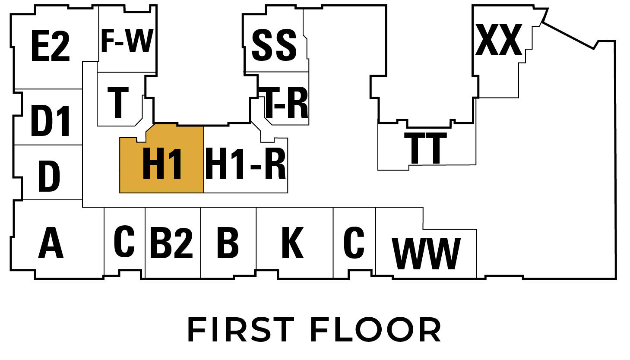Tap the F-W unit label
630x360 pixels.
tap(127, 41)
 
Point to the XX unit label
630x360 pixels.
tap(498, 40)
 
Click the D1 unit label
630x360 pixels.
tap(51, 121)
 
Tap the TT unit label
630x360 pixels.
tap(425, 148)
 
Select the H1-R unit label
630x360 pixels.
tap(246, 164)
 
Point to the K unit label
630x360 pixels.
tap(293, 243)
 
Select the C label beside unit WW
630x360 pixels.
tap(354, 242)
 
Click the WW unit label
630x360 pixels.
tap(426, 254)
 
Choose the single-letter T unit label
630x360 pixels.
tap(118, 102)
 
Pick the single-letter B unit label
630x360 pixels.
tap(228, 243)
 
